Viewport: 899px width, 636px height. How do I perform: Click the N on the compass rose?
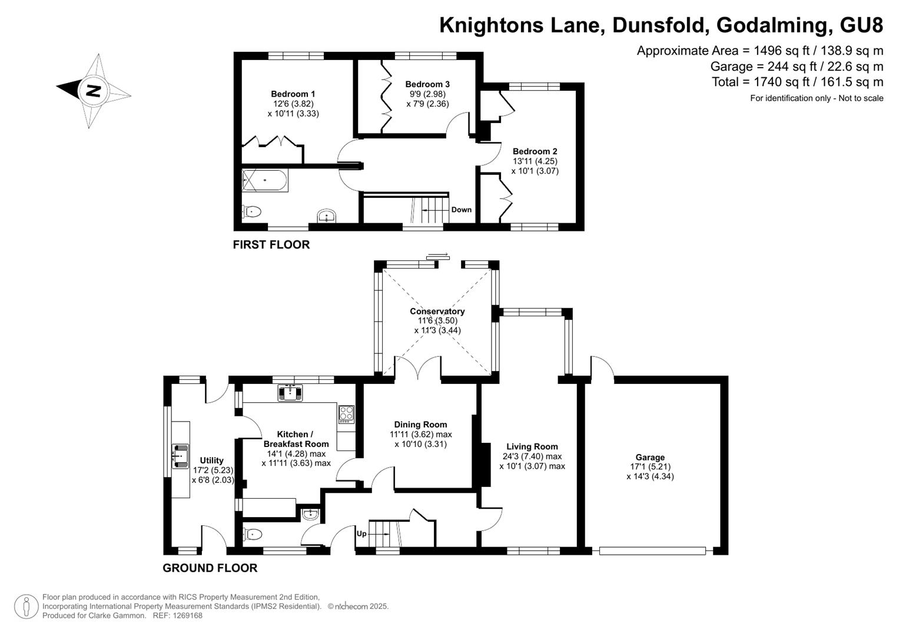(x=94, y=91)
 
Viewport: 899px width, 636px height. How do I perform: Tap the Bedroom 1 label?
(x=293, y=94)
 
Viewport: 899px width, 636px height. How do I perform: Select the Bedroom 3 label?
(x=427, y=84)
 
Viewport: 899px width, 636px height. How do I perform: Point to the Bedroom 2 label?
(x=535, y=151)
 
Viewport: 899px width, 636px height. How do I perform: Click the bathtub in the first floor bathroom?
(x=265, y=180)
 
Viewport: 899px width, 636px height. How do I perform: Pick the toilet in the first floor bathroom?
(x=251, y=211)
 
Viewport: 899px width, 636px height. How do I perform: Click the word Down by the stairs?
(x=461, y=210)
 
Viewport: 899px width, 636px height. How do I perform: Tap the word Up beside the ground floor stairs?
(x=361, y=534)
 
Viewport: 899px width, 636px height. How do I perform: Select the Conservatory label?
(x=437, y=311)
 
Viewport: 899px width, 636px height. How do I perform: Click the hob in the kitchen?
(x=346, y=414)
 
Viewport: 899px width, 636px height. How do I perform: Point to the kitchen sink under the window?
(x=290, y=393)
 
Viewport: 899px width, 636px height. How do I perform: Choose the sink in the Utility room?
(x=180, y=456)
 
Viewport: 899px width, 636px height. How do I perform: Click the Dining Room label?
(x=420, y=425)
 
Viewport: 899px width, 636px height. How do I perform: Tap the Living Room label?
(x=532, y=446)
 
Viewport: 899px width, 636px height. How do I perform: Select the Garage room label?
(x=650, y=458)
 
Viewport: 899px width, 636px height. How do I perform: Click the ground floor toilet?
(x=253, y=534)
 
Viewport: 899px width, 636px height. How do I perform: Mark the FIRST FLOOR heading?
(x=271, y=244)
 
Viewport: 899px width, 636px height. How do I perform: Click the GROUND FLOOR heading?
(x=210, y=568)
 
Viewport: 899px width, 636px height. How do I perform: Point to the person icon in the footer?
(x=26, y=607)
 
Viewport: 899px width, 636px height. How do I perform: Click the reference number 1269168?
(x=187, y=615)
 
